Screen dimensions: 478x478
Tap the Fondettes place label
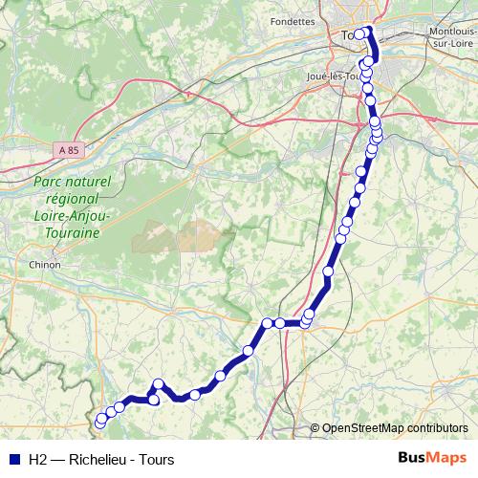point(293,21)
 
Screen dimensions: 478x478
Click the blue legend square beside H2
point(12,458)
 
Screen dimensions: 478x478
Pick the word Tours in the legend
point(156,458)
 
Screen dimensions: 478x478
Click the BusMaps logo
point(432,457)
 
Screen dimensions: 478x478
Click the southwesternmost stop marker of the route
point(100,419)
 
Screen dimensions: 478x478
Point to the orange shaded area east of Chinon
point(176,235)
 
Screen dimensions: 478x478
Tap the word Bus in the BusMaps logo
point(414,457)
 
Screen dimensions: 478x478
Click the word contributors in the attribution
point(438,428)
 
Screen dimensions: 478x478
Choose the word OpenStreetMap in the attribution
point(363,428)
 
